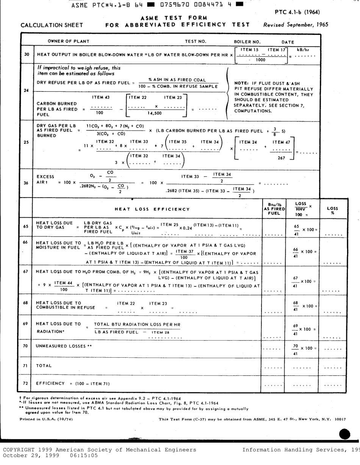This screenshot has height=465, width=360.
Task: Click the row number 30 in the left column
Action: (x=27, y=54)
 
